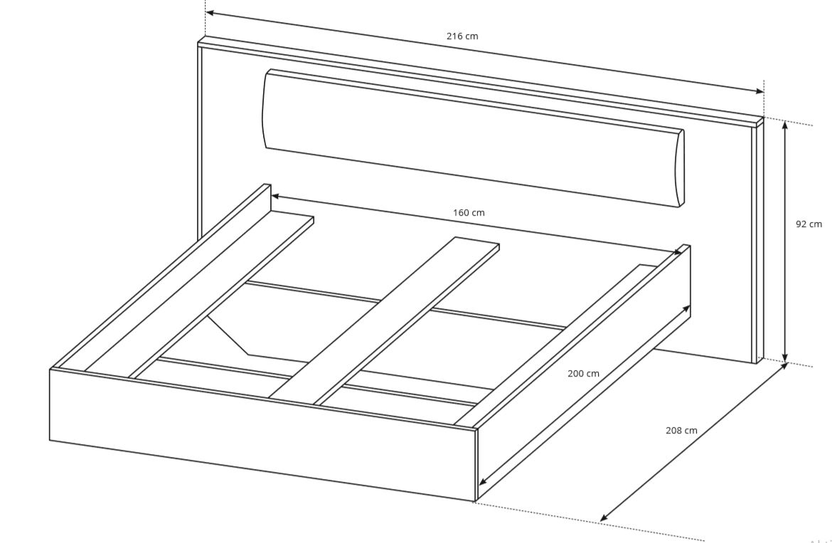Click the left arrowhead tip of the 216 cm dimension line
[x=206, y=11]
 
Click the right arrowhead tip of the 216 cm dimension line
[x=764, y=93]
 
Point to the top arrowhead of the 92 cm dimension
[x=786, y=122]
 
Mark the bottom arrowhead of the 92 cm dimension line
[x=786, y=362]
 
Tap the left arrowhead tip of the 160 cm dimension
[x=271, y=195]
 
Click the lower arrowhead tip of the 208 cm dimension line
[x=600, y=521]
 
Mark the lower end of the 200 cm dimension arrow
[x=479, y=485]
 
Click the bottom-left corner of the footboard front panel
[x=50, y=440]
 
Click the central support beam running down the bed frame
[x=383, y=321]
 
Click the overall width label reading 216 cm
[x=462, y=36]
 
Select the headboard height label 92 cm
[x=809, y=224]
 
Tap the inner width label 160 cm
[x=469, y=213]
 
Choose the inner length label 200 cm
[x=584, y=374]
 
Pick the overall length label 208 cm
[x=681, y=431]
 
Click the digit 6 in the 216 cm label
[x=459, y=36]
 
